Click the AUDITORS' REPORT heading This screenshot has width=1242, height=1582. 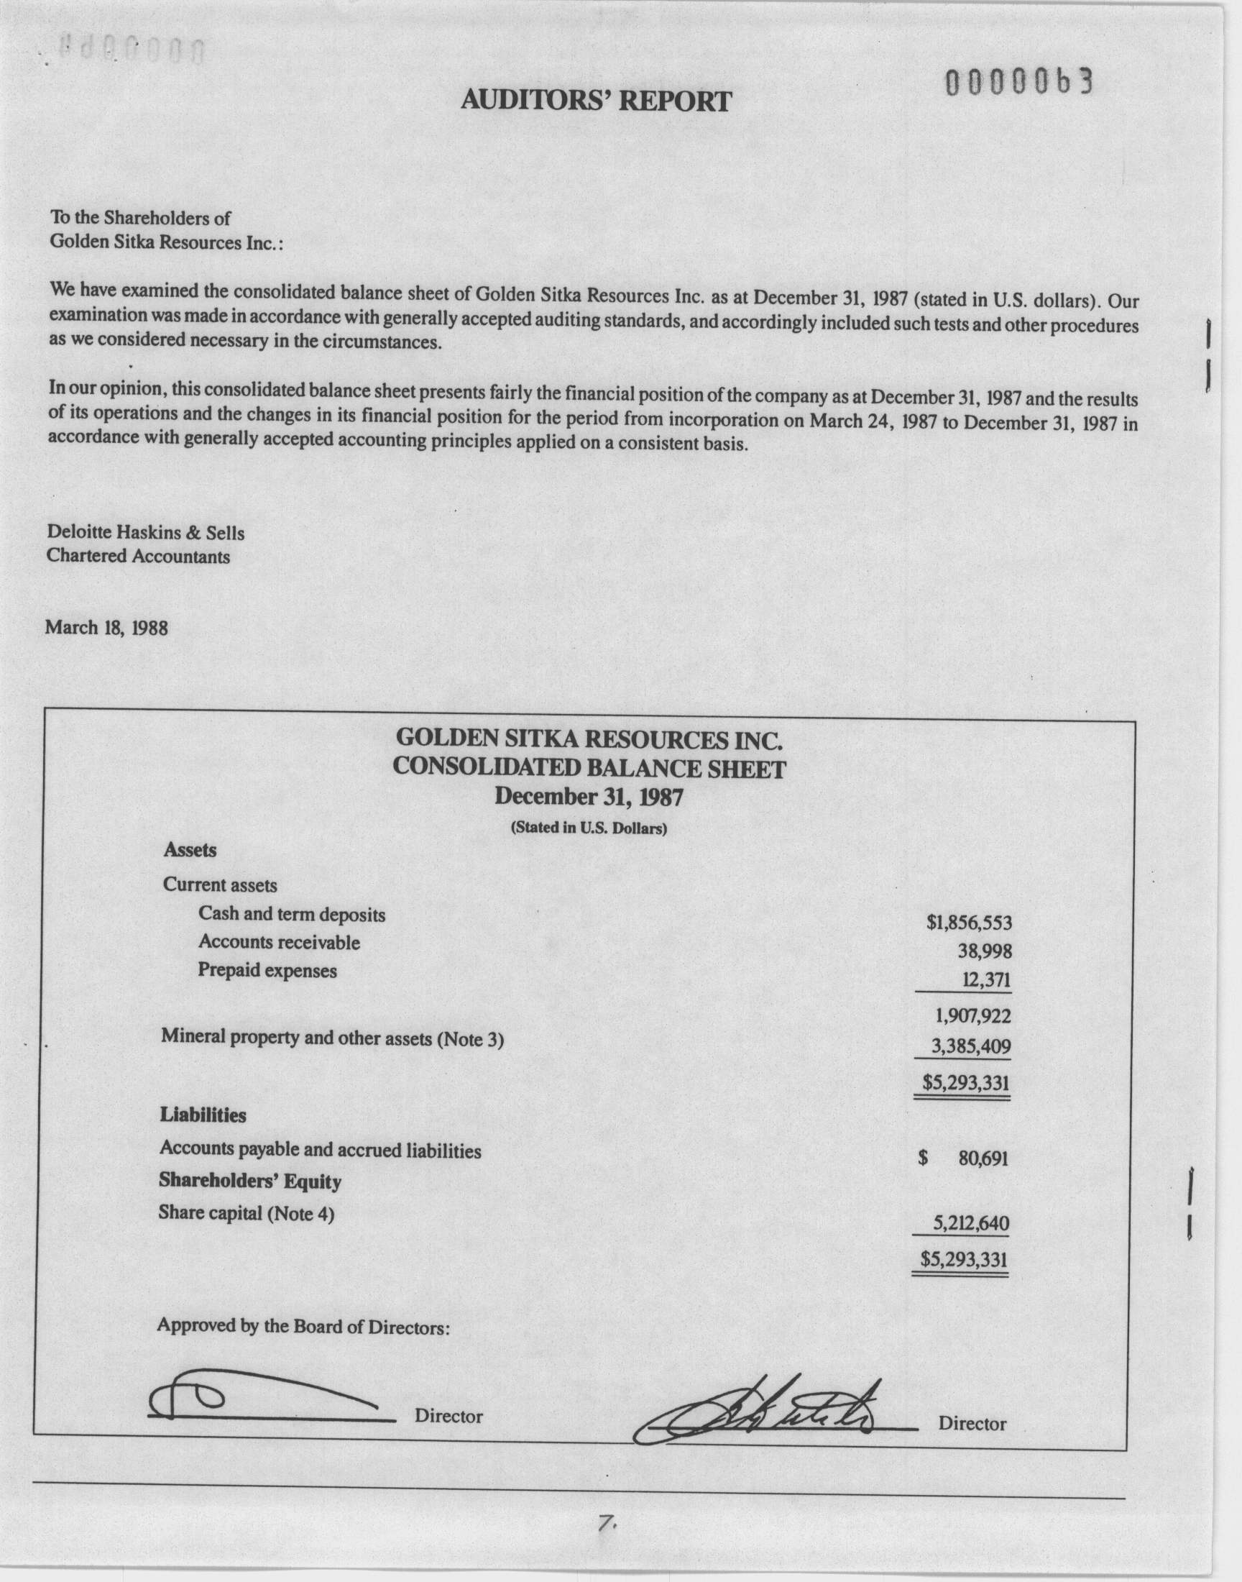[596, 101]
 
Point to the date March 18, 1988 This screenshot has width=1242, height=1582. [106, 627]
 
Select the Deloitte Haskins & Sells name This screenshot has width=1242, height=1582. [145, 532]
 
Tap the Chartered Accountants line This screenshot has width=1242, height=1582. [138, 557]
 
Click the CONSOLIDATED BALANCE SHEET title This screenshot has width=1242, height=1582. [589, 768]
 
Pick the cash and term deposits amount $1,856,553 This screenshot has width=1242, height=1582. [969, 923]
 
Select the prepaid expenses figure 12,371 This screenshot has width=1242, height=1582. [986, 980]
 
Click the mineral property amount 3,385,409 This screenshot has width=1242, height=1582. [972, 1047]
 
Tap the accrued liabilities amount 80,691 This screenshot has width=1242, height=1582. [983, 1158]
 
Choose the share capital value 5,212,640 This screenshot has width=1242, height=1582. [971, 1223]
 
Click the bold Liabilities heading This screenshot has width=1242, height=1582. [203, 1115]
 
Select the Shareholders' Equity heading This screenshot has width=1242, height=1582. [250, 1181]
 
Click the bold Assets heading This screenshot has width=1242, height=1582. [190, 849]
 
